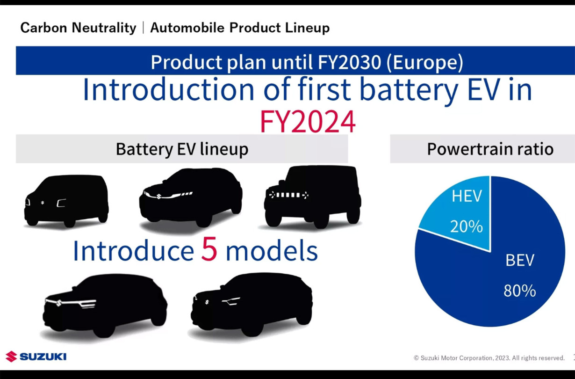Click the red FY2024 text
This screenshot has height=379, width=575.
[x=308, y=121]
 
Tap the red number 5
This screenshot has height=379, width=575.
[x=209, y=249]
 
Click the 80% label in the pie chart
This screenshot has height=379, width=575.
[x=519, y=291]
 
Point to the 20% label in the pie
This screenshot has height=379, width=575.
[x=467, y=226]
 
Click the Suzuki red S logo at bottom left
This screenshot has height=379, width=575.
[x=11, y=357]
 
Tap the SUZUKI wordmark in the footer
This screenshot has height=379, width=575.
[x=43, y=357]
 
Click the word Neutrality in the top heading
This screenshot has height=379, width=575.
[x=104, y=28]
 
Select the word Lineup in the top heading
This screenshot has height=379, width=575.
[x=307, y=28]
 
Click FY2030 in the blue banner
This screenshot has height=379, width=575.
[x=349, y=62]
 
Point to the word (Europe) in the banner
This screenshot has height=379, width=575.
[x=424, y=62]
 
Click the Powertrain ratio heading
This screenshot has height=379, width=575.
[x=490, y=149]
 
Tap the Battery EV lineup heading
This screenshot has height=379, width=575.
[x=182, y=149]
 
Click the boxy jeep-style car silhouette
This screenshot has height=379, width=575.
[x=313, y=197]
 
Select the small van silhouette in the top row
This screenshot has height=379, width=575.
[x=66, y=201]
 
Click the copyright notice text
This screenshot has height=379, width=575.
[x=489, y=358]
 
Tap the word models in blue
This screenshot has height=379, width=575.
[x=272, y=250]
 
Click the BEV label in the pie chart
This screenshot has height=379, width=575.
[x=520, y=260]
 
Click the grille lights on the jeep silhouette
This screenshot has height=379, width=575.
[x=288, y=195]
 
